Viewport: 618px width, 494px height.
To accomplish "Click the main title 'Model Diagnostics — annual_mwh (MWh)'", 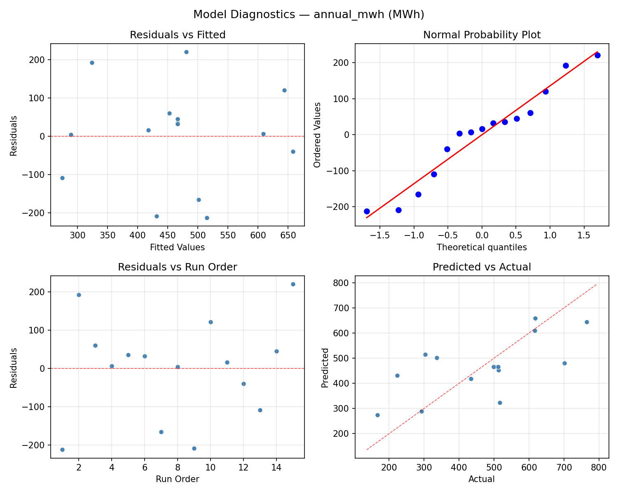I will click(309, 14).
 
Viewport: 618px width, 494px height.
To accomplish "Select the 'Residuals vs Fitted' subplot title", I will click(178, 35).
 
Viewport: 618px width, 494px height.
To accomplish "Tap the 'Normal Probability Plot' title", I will click(482, 35).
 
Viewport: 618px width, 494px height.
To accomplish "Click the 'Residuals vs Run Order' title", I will click(178, 267).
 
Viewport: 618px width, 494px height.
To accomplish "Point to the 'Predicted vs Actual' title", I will click(482, 267).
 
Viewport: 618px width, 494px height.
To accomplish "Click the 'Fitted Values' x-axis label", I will click(178, 247).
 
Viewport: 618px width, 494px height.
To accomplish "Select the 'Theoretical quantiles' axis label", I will click(482, 247).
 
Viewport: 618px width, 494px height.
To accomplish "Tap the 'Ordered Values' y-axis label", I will click(317, 135).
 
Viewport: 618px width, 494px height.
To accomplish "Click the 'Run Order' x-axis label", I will click(178, 479).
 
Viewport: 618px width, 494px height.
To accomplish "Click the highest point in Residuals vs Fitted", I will click(186, 52).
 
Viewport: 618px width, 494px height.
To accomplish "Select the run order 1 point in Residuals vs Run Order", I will click(62, 450).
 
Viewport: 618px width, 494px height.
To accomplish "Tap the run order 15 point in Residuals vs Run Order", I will click(293, 284).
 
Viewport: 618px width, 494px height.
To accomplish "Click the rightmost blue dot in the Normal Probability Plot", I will click(597, 55).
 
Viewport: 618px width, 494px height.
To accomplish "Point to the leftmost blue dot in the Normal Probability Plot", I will click(367, 211).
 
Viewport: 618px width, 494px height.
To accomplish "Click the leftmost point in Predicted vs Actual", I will click(377, 415).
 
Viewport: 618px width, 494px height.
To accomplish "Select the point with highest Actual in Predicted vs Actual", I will click(587, 322).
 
